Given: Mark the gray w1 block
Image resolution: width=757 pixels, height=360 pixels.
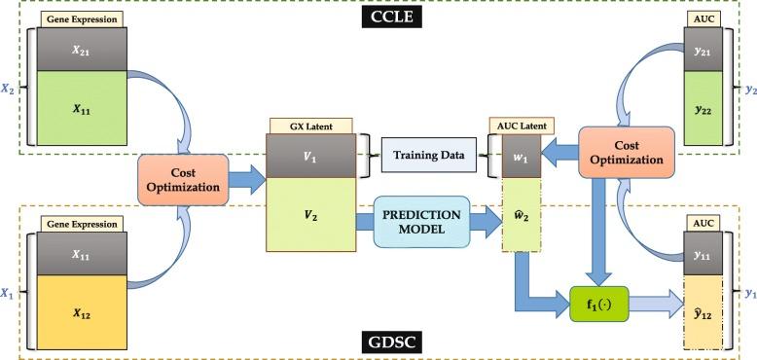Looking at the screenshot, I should pos(522,156).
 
